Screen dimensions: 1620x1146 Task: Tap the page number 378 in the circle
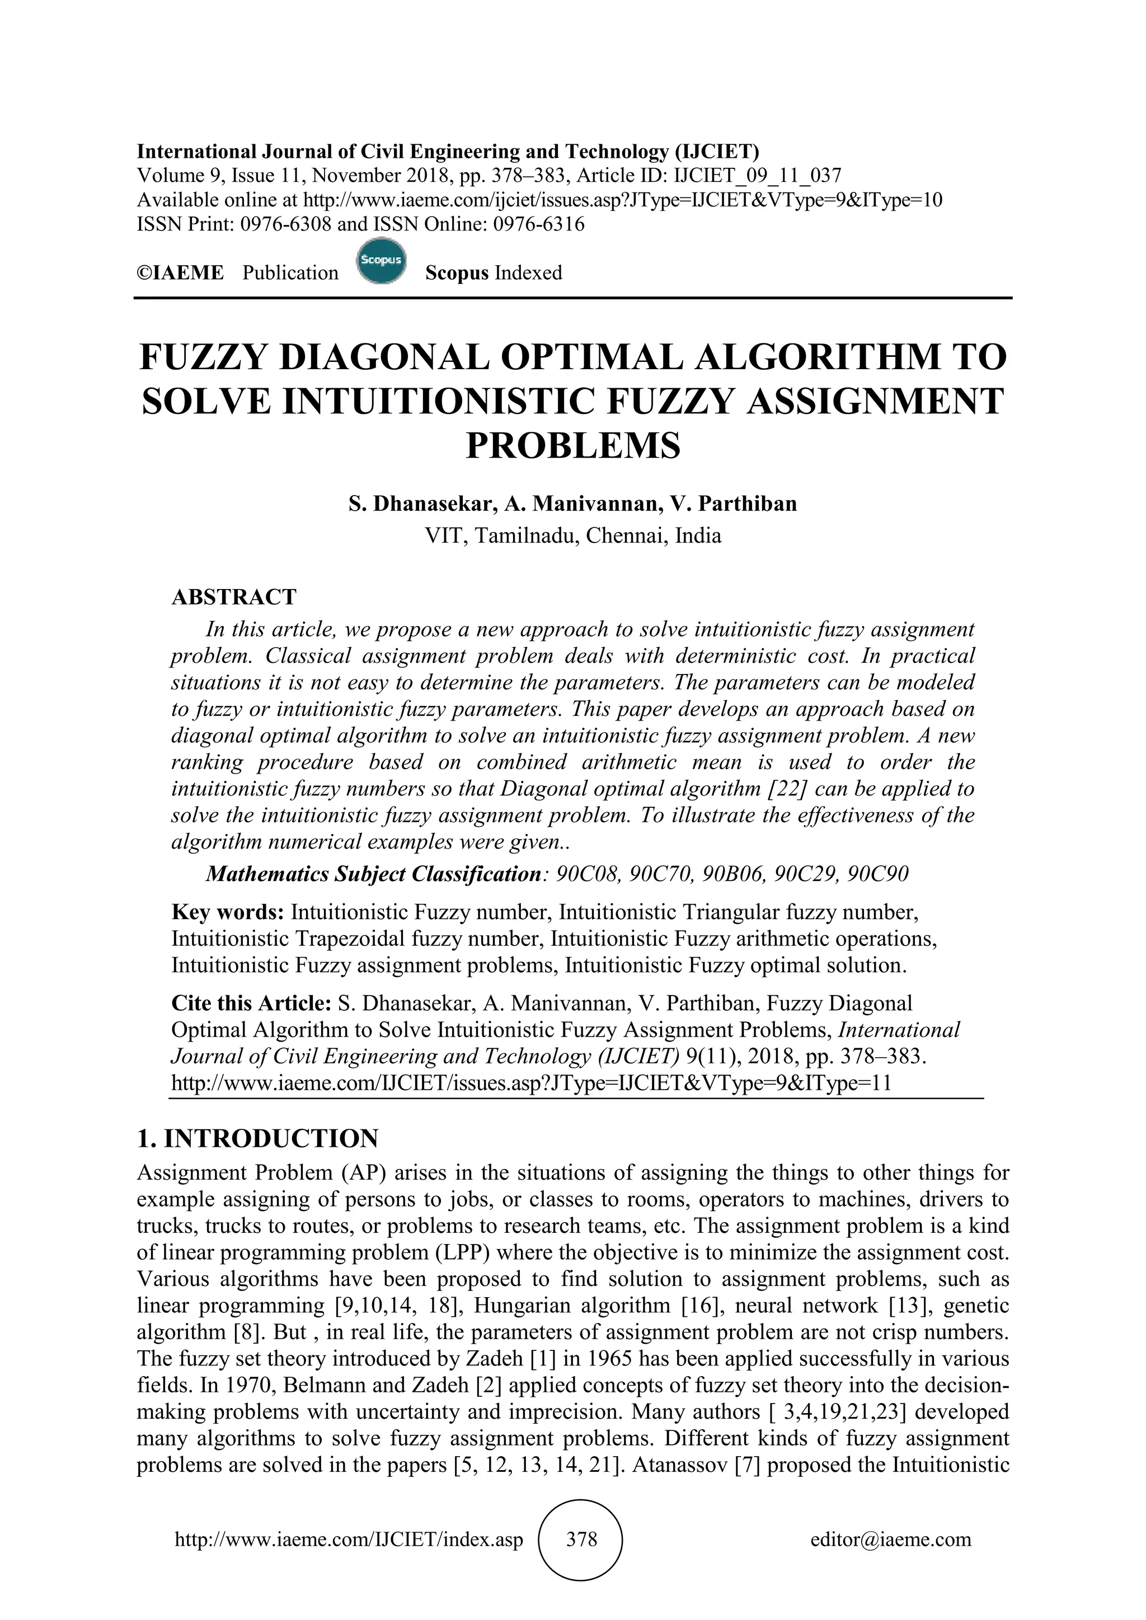pos(581,1539)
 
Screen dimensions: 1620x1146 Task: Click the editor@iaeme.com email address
pos(890,1539)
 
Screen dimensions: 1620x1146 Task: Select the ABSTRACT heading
pos(233,597)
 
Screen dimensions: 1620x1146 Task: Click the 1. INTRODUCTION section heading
pos(257,1139)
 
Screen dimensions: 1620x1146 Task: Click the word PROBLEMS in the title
pos(573,446)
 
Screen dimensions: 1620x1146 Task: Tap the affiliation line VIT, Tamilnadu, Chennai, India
pos(573,536)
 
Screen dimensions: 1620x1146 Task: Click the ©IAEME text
pos(180,273)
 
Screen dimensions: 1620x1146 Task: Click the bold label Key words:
pos(228,912)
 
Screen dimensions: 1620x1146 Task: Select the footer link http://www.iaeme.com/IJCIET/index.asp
pos(349,1539)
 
